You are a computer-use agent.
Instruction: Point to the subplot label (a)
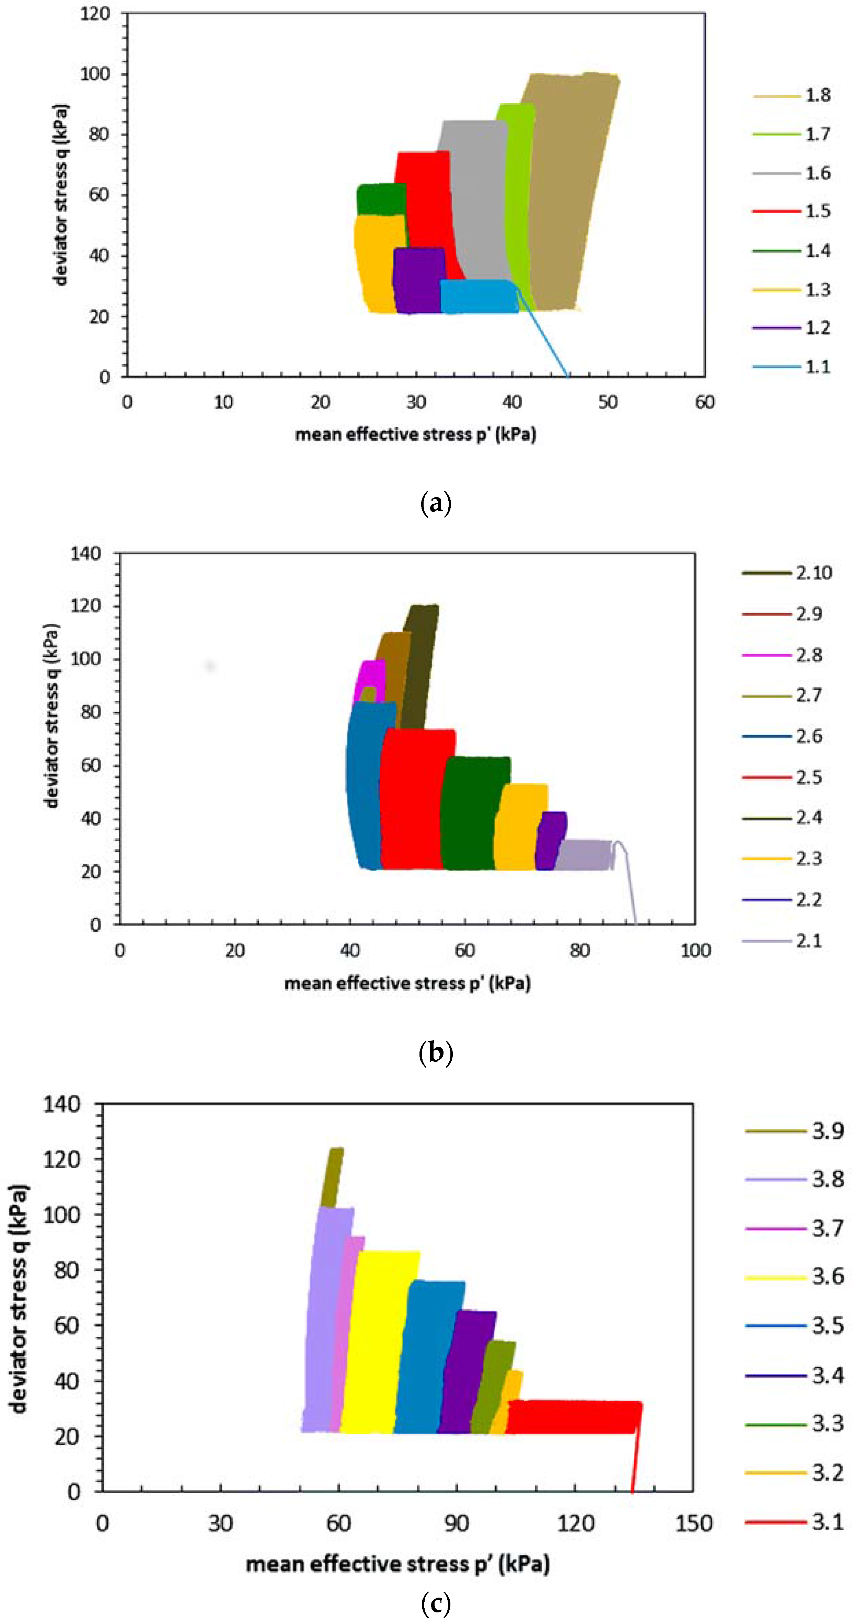[435, 504]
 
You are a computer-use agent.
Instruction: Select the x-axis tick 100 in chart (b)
[695, 951]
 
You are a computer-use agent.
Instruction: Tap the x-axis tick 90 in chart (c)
[457, 1524]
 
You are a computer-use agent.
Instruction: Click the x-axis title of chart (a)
[416, 435]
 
